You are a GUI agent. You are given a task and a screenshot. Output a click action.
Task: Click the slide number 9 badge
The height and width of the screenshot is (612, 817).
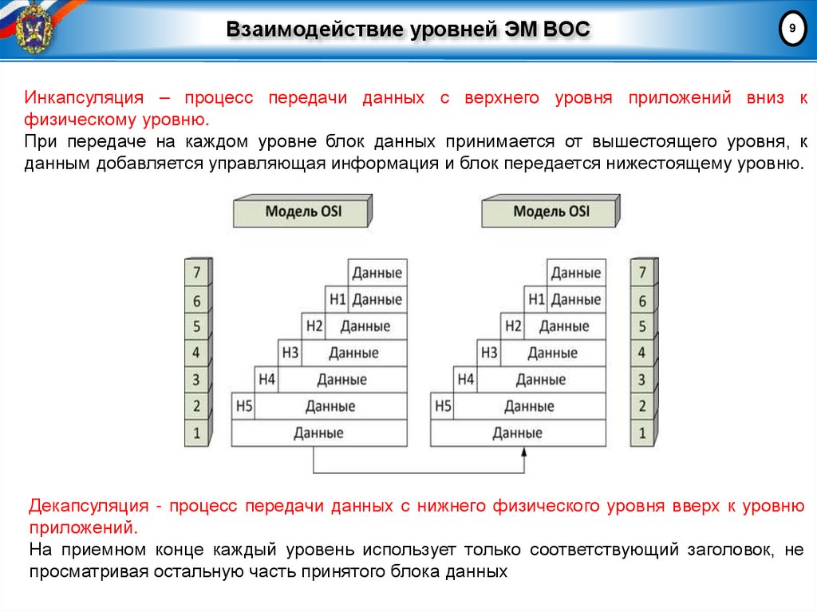pyautogui.click(x=791, y=29)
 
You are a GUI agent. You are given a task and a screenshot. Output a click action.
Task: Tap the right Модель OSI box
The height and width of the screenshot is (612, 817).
pyautogui.click(x=551, y=212)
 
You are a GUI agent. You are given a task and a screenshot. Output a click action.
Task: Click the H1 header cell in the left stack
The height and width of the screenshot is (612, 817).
pyautogui.click(x=337, y=300)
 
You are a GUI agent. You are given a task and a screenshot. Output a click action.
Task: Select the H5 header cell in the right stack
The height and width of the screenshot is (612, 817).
pyautogui.click(x=443, y=407)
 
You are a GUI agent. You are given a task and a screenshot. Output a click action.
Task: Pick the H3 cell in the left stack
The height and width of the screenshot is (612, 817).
pyautogui.click(x=290, y=353)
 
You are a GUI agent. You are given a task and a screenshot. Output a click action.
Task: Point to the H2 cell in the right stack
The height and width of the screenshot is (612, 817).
pyautogui.click(x=513, y=326)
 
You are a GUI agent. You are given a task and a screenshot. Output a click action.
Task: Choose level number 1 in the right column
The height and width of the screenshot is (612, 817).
pyautogui.click(x=641, y=434)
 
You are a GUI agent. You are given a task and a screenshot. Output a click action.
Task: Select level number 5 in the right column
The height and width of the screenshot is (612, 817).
pyautogui.click(x=641, y=326)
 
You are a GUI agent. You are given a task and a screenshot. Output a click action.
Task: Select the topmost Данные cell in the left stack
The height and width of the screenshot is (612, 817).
pyautogui.click(x=377, y=273)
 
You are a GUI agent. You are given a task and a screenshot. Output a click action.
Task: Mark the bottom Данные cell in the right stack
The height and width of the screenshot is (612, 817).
pyautogui.click(x=517, y=433)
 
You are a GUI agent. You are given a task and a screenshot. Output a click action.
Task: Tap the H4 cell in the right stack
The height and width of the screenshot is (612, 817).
pyautogui.click(x=466, y=380)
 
